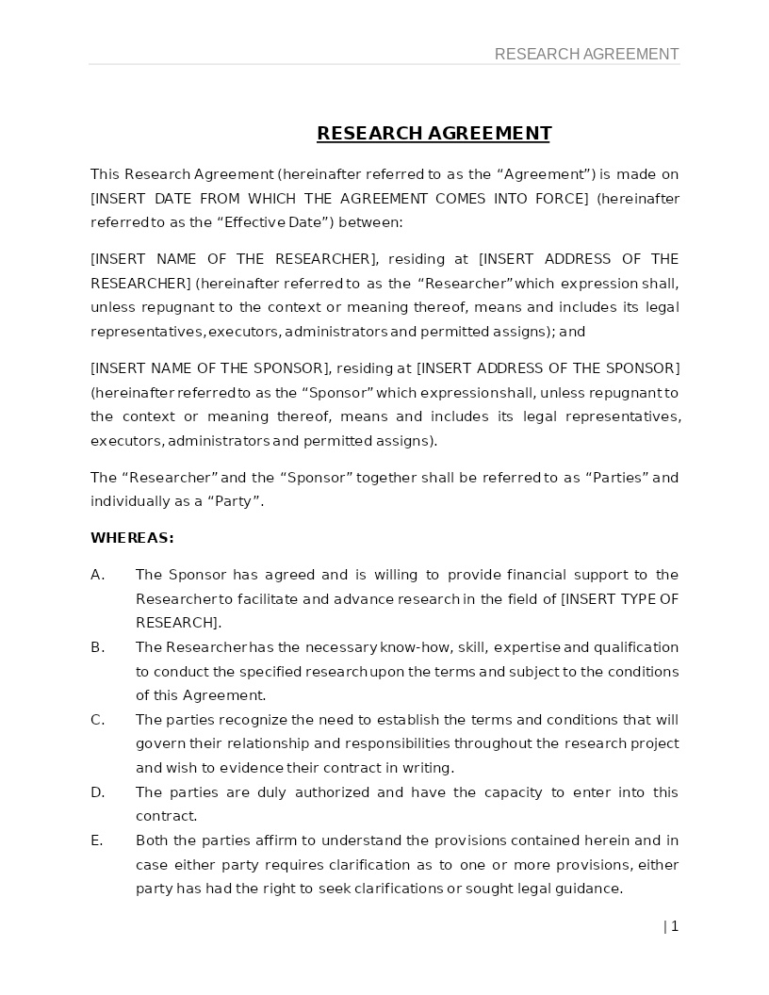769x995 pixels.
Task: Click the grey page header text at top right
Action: (x=586, y=55)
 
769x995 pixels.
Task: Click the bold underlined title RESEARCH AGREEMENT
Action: (x=434, y=133)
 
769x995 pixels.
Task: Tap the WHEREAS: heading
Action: (x=132, y=538)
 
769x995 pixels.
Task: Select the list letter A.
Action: (x=97, y=575)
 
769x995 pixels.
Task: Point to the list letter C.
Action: (x=97, y=720)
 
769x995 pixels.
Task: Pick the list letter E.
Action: (x=96, y=840)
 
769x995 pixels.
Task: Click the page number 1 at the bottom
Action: (x=674, y=926)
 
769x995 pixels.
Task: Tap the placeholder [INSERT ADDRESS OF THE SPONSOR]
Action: (x=548, y=368)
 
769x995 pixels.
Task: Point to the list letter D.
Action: (x=97, y=792)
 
